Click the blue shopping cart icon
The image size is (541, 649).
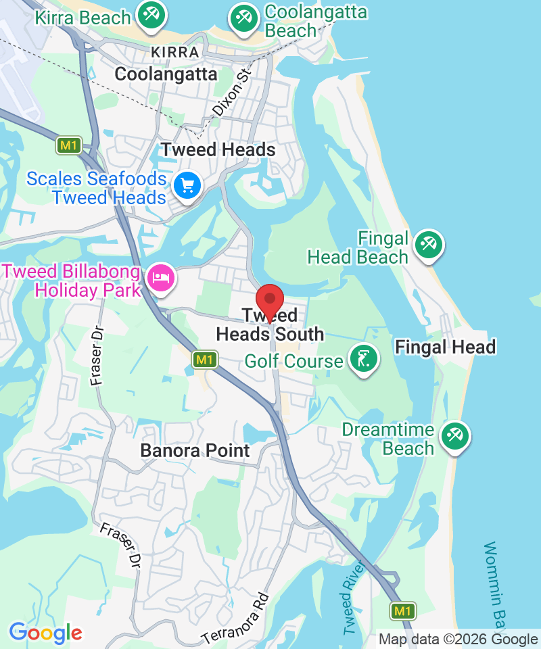(187, 185)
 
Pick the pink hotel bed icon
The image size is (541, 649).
(161, 277)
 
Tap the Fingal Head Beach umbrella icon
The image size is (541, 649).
(428, 244)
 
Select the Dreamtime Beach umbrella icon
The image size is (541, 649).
(454, 436)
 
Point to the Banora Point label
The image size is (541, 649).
(195, 450)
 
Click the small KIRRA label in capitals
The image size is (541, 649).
(176, 52)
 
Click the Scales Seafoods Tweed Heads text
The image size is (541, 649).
(97, 188)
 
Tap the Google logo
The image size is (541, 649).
(45, 633)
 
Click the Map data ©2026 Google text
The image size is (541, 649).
(458, 639)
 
